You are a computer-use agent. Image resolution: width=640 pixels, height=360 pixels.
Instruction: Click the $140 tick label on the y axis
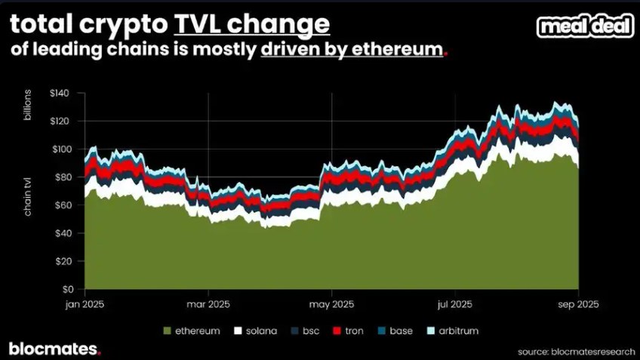(x=60, y=94)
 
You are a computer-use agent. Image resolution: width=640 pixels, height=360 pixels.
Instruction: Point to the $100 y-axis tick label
(x=60, y=149)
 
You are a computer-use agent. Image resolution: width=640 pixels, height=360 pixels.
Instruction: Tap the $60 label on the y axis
(x=62, y=205)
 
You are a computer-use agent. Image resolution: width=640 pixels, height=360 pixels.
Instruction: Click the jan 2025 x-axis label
(x=85, y=304)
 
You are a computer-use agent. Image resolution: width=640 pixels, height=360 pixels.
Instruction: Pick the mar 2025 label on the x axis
(x=208, y=304)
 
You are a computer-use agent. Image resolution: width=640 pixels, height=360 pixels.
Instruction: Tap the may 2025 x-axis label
(x=332, y=304)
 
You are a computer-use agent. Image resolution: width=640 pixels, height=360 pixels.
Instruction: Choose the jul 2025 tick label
(x=455, y=304)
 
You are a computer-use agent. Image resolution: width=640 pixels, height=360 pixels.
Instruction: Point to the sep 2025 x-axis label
(x=578, y=304)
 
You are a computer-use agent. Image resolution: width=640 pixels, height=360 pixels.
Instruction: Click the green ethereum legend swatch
(x=167, y=331)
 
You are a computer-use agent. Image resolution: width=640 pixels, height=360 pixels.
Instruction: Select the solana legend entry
(x=255, y=331)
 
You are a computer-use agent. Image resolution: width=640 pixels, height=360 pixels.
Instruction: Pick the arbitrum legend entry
(x=452, y=331)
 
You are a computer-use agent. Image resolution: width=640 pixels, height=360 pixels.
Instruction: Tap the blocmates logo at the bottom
(x=54, y=349)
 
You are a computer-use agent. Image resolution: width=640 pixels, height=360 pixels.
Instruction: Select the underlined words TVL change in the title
(x=252, y=25)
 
